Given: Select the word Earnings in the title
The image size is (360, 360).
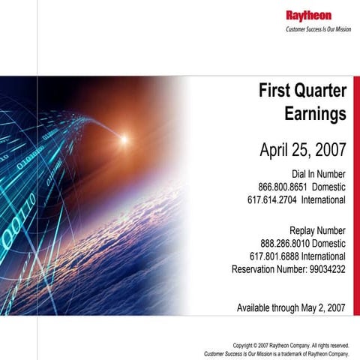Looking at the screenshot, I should point(315,115).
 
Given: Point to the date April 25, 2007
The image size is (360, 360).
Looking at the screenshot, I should point(302,148).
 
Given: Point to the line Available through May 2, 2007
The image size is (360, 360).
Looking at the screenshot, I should point(291,307).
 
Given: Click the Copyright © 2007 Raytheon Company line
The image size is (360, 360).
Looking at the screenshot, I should point(291,345).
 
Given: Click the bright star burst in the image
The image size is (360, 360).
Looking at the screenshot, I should point(124,139).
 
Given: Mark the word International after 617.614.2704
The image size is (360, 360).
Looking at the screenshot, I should point(323,200).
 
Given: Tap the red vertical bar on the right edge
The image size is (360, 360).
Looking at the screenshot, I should point(356,195).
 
